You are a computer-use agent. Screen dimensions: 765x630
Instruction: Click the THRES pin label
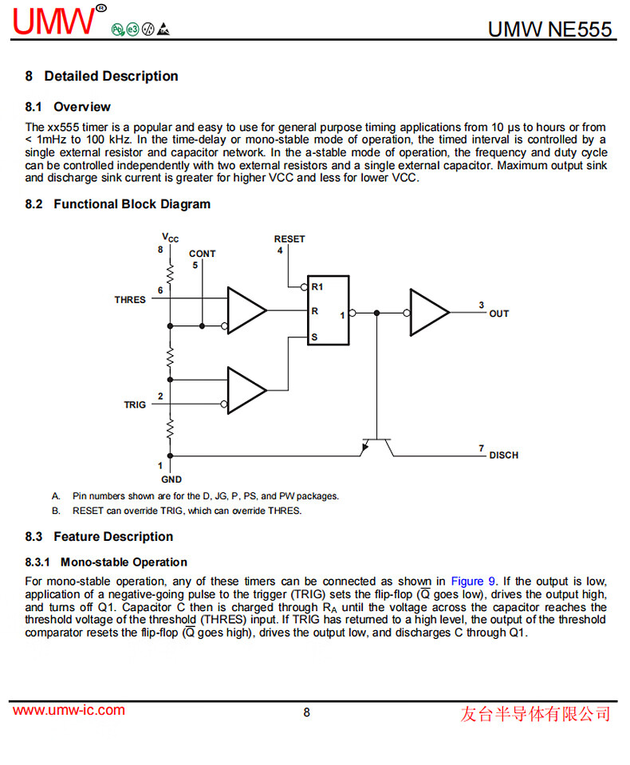click(130, 300)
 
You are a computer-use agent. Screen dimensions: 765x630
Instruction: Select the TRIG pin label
click(135, 405)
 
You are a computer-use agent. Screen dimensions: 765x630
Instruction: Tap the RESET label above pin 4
click(289, 239)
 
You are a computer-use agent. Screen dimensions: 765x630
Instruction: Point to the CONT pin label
click(203, 254)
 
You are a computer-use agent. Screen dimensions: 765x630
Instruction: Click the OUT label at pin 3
click(499, 313)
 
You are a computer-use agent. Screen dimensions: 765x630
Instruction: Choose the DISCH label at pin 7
click(503, 455)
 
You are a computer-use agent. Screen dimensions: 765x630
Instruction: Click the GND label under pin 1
click(171, 479)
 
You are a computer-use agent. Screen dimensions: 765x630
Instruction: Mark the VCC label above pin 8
click(171, 238)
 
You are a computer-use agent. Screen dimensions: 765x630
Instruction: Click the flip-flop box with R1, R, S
click(329, 310)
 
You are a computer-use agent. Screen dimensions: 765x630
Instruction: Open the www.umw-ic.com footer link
click(69, 711)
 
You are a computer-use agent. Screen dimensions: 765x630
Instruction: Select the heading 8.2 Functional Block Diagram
click(118, 204)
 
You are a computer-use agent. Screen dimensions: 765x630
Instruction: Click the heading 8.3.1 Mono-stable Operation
click(106, 562)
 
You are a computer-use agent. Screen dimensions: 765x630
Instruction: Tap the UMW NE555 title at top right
click(550, 30)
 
